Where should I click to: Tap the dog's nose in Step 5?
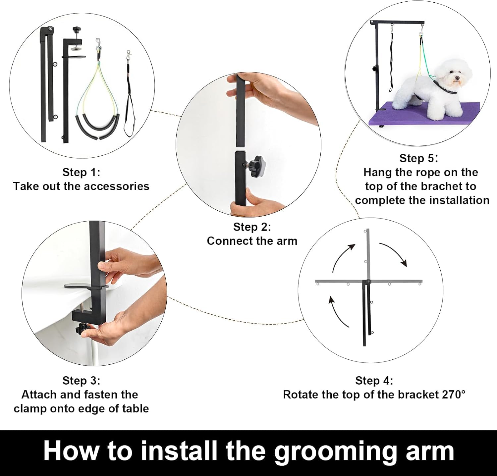click(458, 79)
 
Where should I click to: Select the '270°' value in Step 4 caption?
click(454, 395)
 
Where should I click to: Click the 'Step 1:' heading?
click(81, 172)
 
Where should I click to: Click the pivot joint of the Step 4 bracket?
click(367, 282)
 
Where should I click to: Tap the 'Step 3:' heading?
click(81, 381)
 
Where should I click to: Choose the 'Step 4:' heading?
click(374, 381)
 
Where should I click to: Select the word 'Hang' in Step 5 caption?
click(376, 173)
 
